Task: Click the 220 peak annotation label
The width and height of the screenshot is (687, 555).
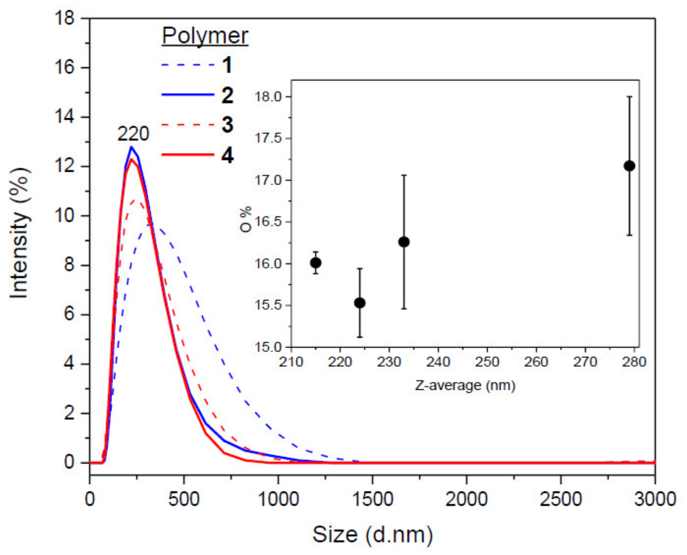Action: [133, 134]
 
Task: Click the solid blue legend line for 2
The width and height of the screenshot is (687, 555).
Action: [188, 95]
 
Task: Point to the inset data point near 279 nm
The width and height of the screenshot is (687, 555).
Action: [629, 166]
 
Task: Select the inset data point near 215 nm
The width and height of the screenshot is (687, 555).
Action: [315, 263]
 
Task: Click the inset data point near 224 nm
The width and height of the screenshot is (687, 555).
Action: [360, 303]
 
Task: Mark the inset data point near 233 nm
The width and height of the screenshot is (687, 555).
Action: [404, 242]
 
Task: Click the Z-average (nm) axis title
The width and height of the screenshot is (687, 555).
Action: [465, 385]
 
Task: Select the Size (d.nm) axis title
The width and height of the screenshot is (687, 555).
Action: [372, 535]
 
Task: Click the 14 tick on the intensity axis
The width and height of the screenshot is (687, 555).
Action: [64, 117]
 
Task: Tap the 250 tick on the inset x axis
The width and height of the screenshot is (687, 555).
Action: [487, 362]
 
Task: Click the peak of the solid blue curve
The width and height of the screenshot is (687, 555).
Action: [131, 147]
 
